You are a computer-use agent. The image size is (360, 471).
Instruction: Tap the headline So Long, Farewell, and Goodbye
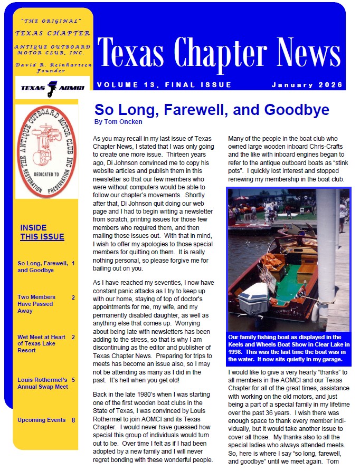coord(212,110)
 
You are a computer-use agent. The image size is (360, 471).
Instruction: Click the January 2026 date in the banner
coord(307,85)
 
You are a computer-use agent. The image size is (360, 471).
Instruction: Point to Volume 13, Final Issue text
coord(164,85)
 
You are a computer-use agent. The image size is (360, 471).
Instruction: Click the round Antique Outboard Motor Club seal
coord(46,151)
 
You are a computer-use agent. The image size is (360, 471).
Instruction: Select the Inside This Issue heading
coord(42,233)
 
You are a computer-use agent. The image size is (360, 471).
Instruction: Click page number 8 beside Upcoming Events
coord(73,420)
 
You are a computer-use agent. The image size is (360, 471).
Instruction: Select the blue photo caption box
coord(288,348)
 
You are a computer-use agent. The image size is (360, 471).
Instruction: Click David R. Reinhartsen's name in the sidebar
coord(51,64)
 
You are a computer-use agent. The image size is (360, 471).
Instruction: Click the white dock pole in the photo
coord(326,253)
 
